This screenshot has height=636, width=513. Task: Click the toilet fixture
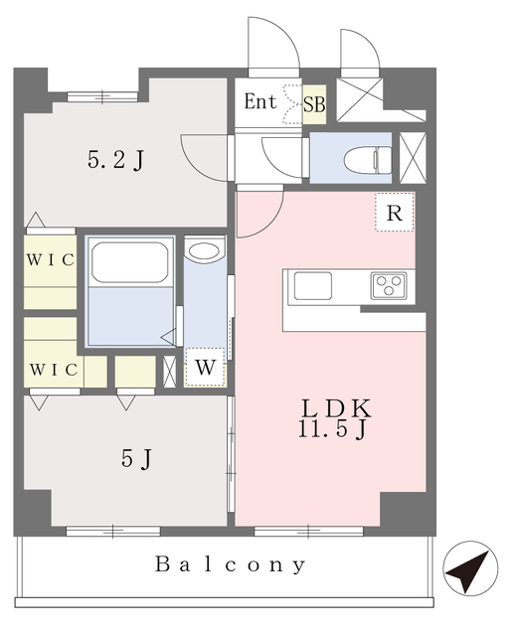click(x=368, y=160)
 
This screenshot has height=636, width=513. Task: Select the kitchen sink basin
click(x=313, y=286)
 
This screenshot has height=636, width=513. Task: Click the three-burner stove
click(x=389, y=286)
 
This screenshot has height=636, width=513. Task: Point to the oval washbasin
click(x=205, y=251)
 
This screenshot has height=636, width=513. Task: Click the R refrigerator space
click(x=395, y=212)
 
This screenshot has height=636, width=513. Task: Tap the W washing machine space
click(x=206, y=367)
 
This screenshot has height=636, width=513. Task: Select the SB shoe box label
click(x=314, y=104)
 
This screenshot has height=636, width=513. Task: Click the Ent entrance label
click(x=260, y=101)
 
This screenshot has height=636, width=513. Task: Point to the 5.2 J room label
click(x=115, y=160)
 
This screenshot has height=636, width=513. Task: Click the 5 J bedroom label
click(x=136, y=459)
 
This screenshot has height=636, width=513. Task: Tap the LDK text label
click(x=335, y=408)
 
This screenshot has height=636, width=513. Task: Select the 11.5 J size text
click(x=332, y=429)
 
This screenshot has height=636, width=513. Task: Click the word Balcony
click(x=230, y=564)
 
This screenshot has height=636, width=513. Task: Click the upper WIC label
click(x=51, y=260)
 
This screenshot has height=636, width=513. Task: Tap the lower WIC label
click(x=53, y=370)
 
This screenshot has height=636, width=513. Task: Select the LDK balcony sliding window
click(x=308, y=531)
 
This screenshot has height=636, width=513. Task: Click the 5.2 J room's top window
click(x=102, y=96)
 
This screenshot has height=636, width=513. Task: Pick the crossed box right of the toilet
click(x=414, y=157)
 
